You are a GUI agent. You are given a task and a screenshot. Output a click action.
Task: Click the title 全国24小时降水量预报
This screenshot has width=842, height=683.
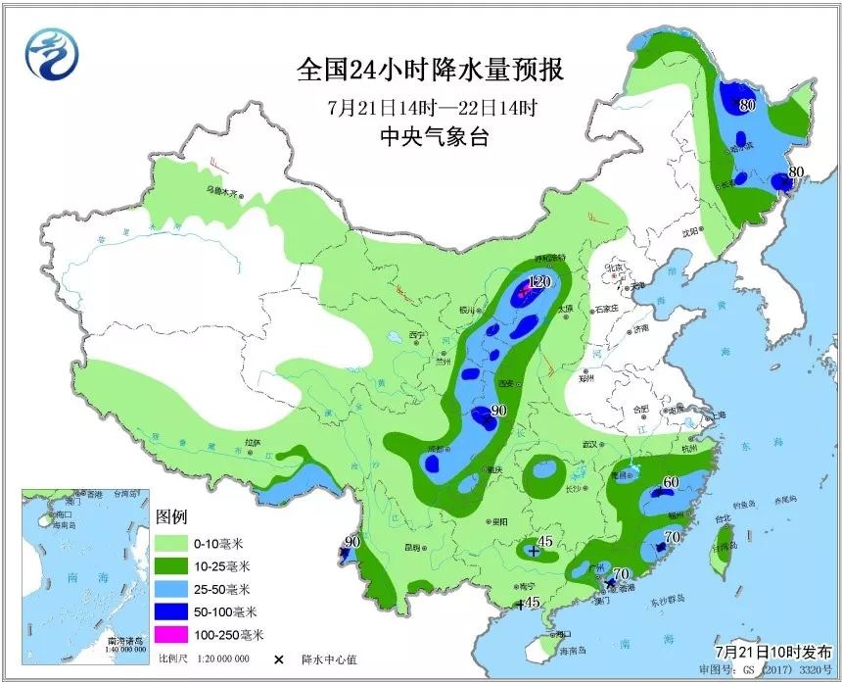click(431, 72)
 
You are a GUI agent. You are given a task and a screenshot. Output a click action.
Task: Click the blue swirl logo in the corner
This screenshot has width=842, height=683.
click(48, 53)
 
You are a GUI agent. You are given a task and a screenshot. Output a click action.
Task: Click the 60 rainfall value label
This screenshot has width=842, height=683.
click(671, 482)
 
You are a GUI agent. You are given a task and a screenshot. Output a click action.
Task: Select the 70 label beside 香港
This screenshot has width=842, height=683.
click(619, 574)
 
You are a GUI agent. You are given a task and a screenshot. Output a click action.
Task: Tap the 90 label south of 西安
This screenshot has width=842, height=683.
click(497, 411)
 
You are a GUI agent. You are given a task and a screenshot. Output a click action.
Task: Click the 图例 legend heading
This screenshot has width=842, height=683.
click(171, 517)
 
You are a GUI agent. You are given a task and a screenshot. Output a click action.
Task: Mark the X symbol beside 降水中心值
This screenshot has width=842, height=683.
click(280, 659)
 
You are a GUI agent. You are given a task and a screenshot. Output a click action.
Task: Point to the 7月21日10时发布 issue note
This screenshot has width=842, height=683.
click(773, 652)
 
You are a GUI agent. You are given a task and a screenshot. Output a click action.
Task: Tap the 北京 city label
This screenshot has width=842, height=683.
click(614, 267)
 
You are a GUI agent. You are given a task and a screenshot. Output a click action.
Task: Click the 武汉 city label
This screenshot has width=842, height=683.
click(588, 445)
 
